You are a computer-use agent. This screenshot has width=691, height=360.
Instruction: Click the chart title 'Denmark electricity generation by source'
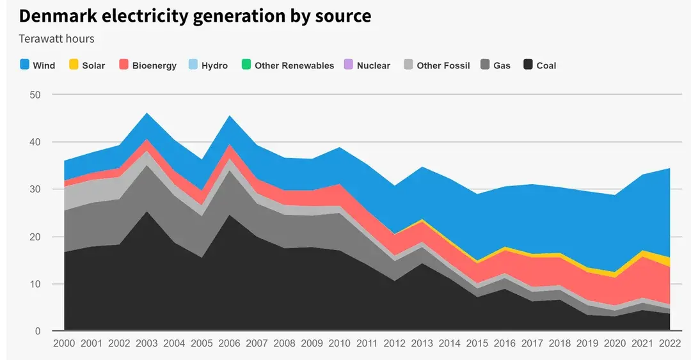pos(195,15)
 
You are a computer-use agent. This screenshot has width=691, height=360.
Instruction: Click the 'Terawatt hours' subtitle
pos(56,39)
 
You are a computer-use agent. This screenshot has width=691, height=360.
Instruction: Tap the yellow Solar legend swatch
pos(74,65)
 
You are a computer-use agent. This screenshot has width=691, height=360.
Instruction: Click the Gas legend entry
pos(495,65)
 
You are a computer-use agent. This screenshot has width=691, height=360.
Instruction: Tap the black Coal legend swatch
pos(528,65)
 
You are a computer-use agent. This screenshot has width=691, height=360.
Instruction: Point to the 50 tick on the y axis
pos(35,95)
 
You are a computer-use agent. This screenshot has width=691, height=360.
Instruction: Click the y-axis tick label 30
pos(35,189)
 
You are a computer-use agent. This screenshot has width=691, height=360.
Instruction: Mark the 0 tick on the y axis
pos(38,331)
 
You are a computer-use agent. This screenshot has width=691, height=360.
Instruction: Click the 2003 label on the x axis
pos(147,343)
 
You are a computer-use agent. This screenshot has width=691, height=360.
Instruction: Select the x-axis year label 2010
pos(340,343)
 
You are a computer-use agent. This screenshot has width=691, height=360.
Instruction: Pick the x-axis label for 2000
pos(64,343)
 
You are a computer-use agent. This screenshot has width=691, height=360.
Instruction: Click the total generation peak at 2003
pos(147,113)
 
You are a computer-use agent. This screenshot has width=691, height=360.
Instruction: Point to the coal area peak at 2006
pos(230,215)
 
